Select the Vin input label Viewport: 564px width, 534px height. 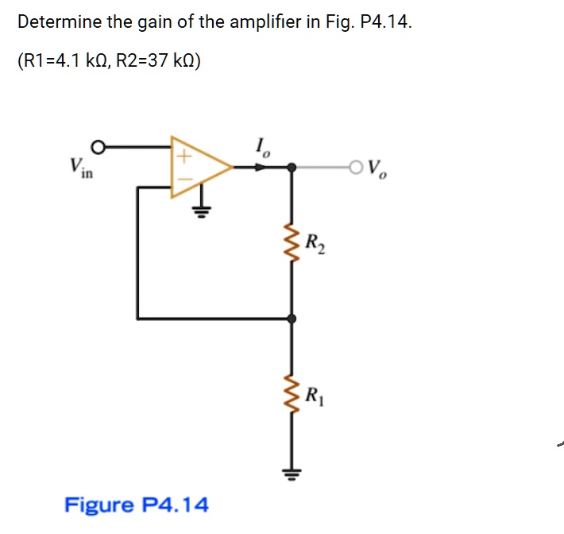point(79,168)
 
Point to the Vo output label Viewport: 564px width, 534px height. point(379,169)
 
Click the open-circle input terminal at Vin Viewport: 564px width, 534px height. point(98,147)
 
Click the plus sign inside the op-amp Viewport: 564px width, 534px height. point(182,157)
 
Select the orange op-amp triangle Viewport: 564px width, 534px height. point(199,167)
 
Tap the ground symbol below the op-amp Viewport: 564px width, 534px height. point(202,211)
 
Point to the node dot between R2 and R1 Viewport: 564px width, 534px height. point(292,318)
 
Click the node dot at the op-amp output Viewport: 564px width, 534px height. point(292,167)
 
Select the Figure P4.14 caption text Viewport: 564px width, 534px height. point(137,505)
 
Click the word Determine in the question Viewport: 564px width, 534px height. point(60,22)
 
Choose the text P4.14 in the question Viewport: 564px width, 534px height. point(385,22)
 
